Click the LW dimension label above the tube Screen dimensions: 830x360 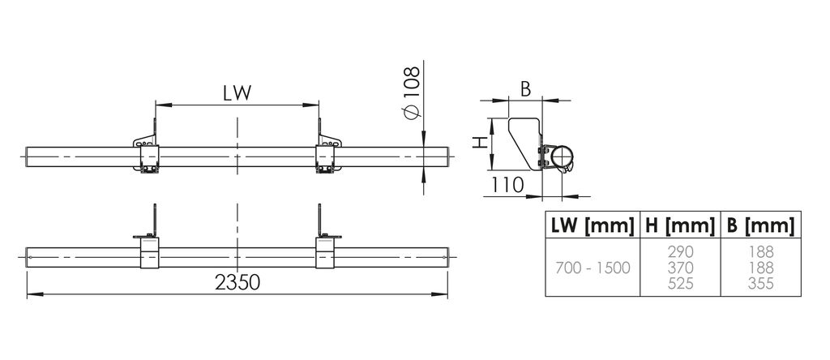[237, 92]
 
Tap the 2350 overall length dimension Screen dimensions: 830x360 [237, 282]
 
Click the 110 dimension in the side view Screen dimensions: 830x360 [507, 185]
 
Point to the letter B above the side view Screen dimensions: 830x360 [524, 89]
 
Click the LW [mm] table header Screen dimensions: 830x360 [593, 225]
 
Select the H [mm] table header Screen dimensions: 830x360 [680, 225]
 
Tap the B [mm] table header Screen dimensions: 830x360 [760, 225]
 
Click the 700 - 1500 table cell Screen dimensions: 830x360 [593, 268]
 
